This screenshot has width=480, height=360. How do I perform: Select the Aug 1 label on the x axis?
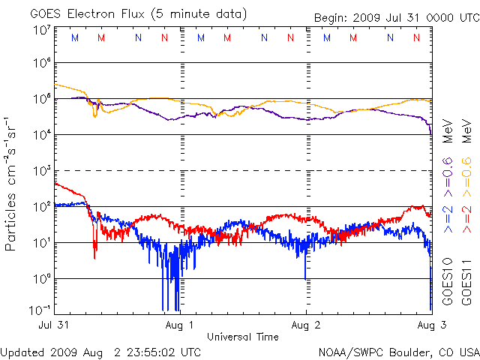tap(180, 325)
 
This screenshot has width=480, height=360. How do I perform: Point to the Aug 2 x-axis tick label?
tap(305, 325)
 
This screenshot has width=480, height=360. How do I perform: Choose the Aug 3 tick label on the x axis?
tap(430, 325)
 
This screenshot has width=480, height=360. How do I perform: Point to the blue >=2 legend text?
tap(448, 216)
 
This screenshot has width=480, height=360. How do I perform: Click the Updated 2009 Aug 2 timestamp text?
tap(101, 351)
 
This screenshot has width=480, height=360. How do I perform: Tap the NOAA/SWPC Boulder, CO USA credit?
tap(398, 351)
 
